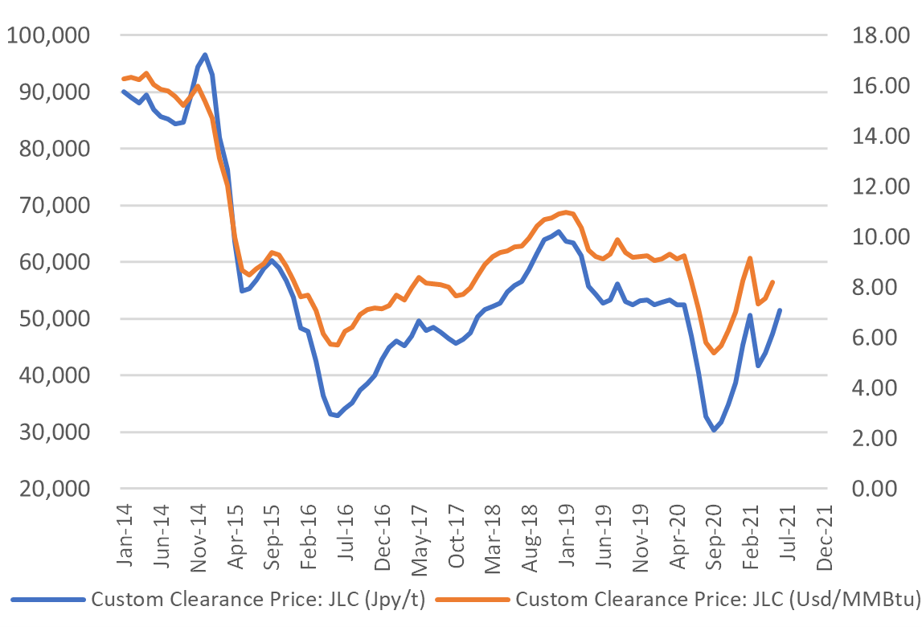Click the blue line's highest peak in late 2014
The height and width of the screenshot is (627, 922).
click(x=205, y=55)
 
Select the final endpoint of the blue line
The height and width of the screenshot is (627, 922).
click(x=780, y=310)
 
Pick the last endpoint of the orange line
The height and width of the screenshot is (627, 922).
click(x=772, y=282)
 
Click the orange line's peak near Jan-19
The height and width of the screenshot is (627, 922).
click(x=567, y=212)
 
